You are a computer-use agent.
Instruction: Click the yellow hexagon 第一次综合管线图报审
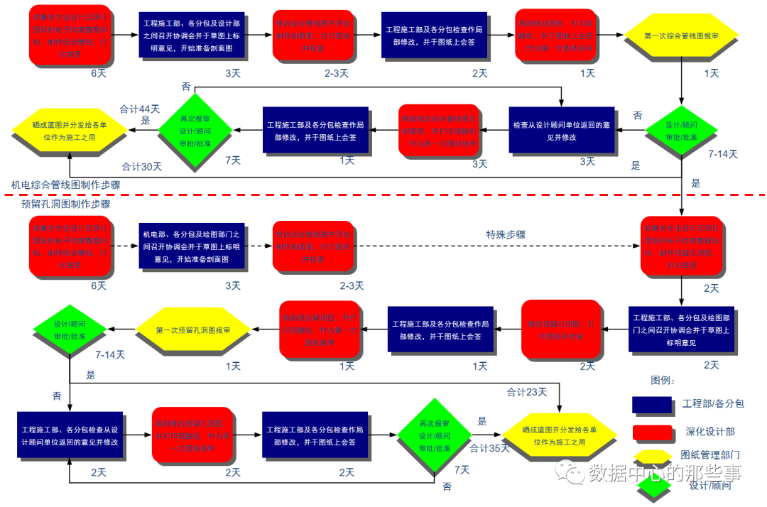[680, 35]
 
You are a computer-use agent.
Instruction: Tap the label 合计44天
[140, 109]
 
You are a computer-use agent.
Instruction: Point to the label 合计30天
[141, 167]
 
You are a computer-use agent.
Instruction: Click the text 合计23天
[527, 391]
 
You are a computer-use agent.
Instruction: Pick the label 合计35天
[490, 448]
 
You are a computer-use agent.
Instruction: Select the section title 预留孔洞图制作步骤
[66, 204]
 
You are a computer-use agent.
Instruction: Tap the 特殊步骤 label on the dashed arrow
[506, 235]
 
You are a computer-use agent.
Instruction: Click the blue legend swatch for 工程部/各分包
[652, 404]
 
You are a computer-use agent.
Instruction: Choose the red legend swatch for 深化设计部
[652, 431]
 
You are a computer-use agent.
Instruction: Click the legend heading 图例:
[663, 381]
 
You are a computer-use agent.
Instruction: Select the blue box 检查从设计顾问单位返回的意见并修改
[562, 130]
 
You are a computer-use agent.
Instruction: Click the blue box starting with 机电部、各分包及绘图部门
[192, 245]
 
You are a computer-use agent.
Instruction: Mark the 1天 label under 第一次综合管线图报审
[711, 72]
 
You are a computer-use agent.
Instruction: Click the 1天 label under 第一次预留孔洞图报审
[233, 366]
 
